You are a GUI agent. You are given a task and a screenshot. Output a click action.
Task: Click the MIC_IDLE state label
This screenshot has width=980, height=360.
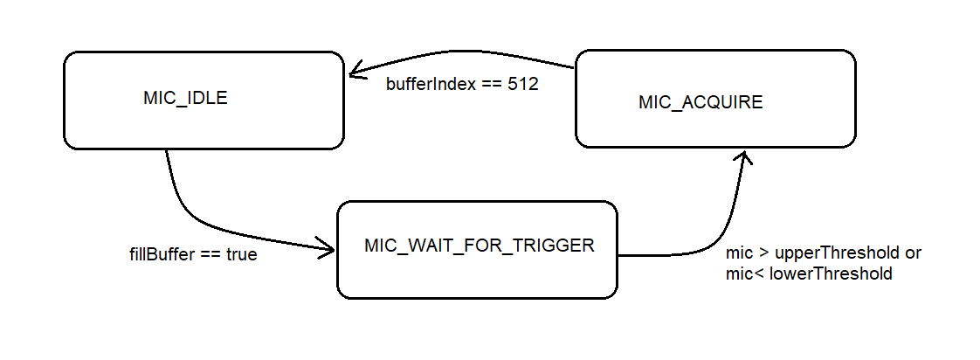click(185, 99)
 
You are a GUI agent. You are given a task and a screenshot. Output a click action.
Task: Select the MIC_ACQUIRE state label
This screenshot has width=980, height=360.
click(700, 102)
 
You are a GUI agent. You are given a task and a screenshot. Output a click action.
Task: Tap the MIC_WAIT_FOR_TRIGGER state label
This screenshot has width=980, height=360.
click(479, 246)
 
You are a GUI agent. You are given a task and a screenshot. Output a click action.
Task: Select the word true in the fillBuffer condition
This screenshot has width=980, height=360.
click(242, 255)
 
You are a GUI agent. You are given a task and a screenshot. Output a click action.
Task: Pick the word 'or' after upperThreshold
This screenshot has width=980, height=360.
click(913, 254)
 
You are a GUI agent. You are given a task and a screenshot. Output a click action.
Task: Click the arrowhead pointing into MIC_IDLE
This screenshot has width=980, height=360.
click(356, 69)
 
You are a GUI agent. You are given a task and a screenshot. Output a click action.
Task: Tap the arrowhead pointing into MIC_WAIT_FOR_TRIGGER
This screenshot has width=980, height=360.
click(327, 247)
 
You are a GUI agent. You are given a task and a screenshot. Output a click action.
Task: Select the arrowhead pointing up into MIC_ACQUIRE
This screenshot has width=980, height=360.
click(742, 157)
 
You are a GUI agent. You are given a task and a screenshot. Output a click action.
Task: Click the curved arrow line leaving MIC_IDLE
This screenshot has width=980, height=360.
click(206, 223)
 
